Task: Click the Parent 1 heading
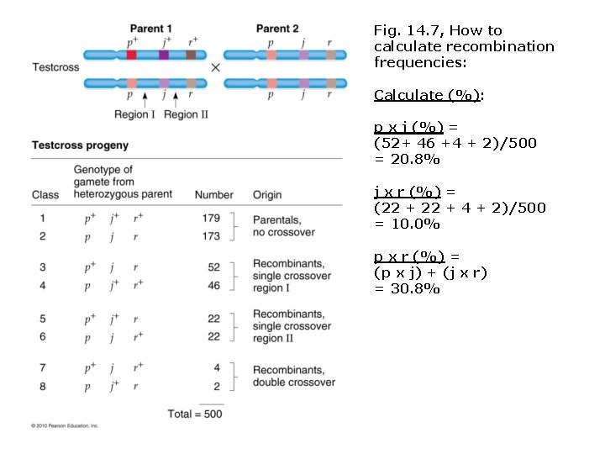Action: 151,29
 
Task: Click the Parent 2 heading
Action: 277,29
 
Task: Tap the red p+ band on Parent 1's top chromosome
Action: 132,55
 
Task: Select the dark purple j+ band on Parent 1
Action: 163,55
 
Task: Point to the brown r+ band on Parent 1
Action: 192,55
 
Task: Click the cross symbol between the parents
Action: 216,67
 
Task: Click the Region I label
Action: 134,114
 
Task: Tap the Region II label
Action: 186,114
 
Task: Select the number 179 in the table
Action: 211,219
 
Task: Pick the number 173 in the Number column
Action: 211,237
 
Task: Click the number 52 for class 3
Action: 213,267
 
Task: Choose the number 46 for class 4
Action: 213,286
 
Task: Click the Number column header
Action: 213,195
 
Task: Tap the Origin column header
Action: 267,195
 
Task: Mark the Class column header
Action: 45,195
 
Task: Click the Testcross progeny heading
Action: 80,145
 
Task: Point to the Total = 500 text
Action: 195,414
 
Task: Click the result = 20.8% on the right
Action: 407,159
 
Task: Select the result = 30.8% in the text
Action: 407,288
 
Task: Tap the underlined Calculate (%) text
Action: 428,95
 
